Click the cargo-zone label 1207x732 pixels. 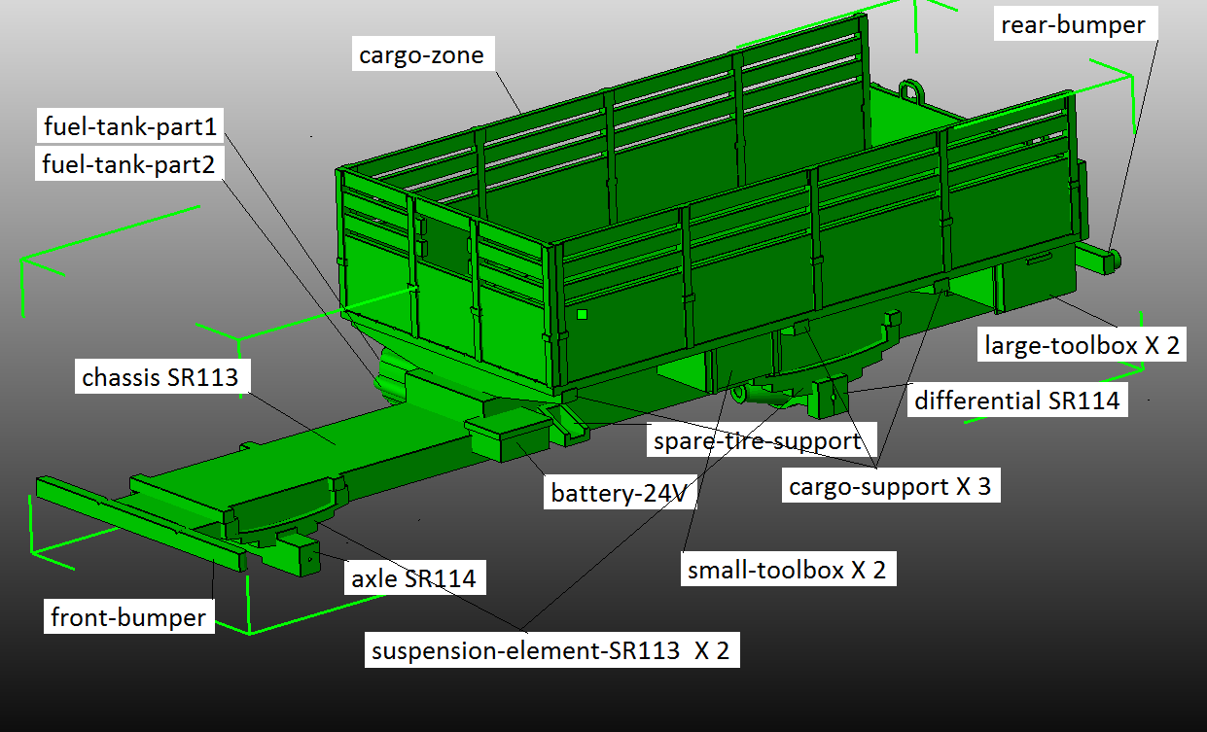coord(421,55)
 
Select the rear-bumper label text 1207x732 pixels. coord(1073,25)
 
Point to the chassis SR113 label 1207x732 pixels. coord(160,377)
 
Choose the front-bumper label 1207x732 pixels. coord(127,617)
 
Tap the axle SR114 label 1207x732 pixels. coord(413,578)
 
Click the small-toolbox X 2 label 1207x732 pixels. coord(786,570)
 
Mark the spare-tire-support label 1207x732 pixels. coord(757,441)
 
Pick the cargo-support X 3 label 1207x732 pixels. coord(889,486)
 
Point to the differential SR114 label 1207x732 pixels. coord(1016,400)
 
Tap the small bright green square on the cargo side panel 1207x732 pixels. coord(582,314)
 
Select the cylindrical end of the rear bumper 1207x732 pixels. coord(1110,259)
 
